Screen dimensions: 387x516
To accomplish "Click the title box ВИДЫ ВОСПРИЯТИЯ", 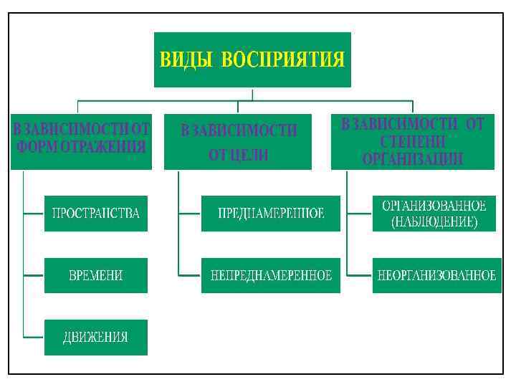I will click(252, 59).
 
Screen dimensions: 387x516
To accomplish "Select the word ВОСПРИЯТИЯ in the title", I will click(283, 59).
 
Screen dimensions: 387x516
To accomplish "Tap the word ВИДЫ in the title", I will click(186, 59).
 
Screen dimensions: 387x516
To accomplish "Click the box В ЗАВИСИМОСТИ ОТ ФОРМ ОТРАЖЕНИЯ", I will click(81, 140).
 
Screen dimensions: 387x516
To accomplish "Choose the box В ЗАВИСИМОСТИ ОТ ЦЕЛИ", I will click(239, 141).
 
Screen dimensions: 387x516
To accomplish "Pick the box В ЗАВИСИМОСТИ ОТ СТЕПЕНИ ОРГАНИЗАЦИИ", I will click(412, 141).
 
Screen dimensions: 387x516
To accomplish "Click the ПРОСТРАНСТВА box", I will click(95, 214).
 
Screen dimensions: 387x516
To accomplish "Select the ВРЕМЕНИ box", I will click(95, 275).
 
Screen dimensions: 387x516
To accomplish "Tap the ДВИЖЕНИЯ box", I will click(95, 338).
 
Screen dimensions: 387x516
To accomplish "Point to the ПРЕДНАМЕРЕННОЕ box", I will click(270, 214).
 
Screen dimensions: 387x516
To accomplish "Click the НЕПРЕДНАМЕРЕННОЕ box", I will click(270, 275).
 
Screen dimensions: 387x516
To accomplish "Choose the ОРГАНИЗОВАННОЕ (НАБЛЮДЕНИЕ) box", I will click(434, 214).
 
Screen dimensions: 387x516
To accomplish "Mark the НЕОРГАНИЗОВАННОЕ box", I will click(436, 275).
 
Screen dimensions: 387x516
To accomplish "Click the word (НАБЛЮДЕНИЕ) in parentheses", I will click(434, 222).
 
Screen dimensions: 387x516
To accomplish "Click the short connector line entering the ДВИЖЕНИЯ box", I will click(34, 338).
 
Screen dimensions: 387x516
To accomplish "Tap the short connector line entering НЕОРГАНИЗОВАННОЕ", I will click(359, 275).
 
